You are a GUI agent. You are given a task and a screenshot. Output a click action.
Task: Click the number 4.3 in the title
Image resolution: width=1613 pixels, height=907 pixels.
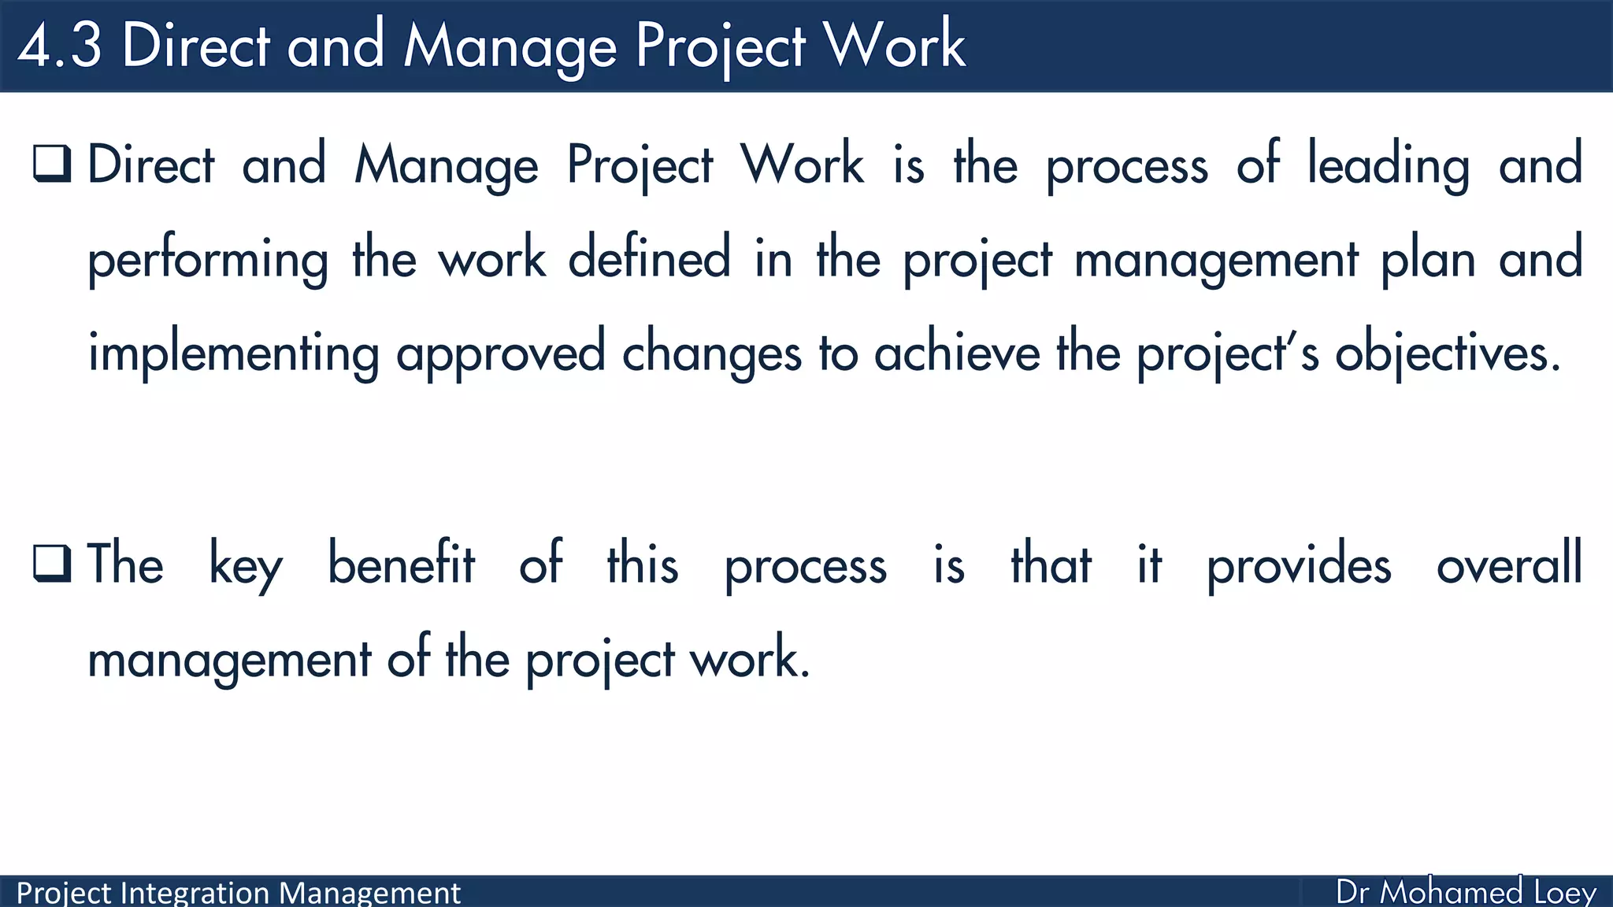tap(60, 46)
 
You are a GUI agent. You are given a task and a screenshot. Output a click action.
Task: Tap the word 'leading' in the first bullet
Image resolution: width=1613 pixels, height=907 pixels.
tap(1389, 165)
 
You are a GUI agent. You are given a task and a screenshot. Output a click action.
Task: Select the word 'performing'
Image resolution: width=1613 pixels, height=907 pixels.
tap(208, 260)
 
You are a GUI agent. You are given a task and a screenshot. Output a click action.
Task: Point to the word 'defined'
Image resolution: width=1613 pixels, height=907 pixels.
tap(649, 257)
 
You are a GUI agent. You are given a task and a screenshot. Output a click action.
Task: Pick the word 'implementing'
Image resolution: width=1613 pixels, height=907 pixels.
tap(233, 354)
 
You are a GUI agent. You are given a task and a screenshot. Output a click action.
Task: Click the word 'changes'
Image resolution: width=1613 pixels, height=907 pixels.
tap(712, 354)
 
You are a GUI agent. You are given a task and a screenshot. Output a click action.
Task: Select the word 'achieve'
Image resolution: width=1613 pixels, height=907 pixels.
tap(957, 352)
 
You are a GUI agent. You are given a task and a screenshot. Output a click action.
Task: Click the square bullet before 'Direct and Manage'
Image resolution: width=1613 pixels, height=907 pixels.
tap(52, 163)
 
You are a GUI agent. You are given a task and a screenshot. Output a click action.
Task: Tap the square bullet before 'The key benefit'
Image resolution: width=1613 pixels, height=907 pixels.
tap(52, 563)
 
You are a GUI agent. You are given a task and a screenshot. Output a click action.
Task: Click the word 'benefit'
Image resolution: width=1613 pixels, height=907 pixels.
tap(401, 563)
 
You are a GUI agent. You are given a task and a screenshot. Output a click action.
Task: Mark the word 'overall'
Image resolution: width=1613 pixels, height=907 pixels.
tap(1509, 563)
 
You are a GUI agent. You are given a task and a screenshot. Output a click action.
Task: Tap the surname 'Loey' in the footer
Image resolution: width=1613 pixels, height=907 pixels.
tap(1565, 893)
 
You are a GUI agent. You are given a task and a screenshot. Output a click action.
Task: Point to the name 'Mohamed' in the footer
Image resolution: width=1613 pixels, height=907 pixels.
tap(1452, 892)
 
